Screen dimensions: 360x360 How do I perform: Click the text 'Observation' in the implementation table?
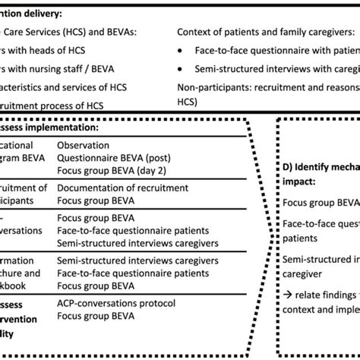pyautogui.click(x=86, y=144)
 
